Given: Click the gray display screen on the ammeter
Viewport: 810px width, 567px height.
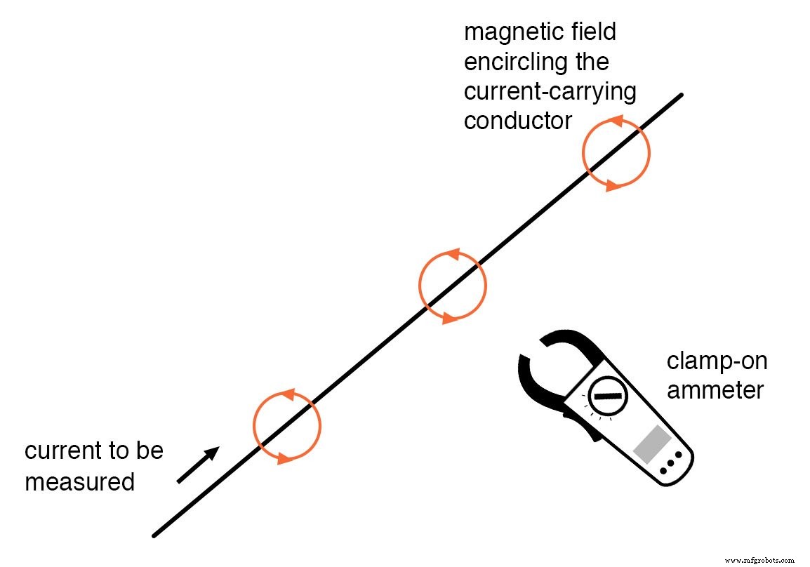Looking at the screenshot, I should coord(651,444).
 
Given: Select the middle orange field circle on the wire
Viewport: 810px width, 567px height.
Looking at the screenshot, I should coord(453,285).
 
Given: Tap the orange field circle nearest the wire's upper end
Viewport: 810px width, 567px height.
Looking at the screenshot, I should coord(617,153).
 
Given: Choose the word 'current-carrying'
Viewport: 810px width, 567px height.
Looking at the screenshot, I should coord(550,91).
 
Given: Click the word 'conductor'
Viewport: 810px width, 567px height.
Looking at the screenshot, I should coord(518,120).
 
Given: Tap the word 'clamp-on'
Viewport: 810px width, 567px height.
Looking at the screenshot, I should coord(717,361).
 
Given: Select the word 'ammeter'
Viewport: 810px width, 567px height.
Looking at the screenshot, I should coord(714,389).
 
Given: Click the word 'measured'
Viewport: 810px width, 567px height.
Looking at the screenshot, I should coord(79,482).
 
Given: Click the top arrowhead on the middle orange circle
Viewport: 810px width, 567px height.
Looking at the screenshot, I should coord(453,254).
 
